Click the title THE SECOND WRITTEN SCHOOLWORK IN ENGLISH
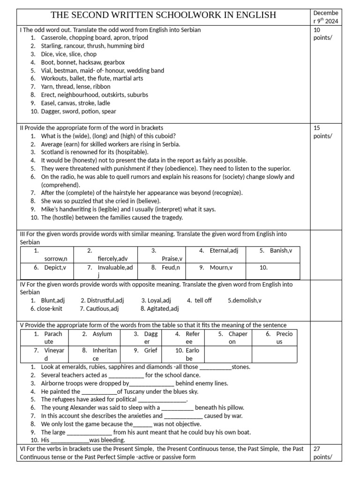pyautogui.click(x=163, y=15)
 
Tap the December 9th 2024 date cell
pyautogui.click(x=325, y=17)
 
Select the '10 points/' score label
pyautogui.click(x=322, y=34)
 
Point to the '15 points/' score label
pyautogui.click(x=322, y=132)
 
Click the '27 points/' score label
pyautogui.click(x=322, y=453)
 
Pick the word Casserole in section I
pyautogui.click(x=55, y=37)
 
